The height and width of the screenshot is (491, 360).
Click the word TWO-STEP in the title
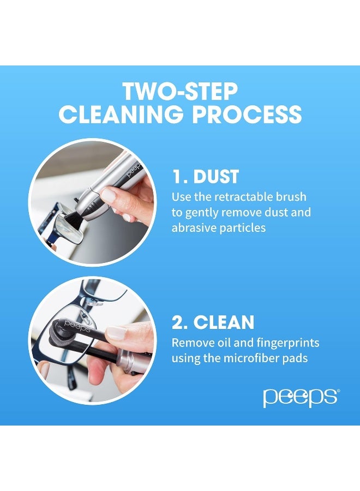[181, 91]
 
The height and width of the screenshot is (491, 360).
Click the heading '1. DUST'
[205, 177]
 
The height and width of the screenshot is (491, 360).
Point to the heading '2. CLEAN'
[213, 322]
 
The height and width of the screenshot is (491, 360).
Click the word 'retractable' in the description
[247, 196]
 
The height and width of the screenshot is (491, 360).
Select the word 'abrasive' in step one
[193, 228]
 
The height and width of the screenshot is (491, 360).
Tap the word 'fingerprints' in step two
[289, 343]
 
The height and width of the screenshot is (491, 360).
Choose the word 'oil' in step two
[223, 343]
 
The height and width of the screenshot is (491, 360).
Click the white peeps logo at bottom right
[301, 398]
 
